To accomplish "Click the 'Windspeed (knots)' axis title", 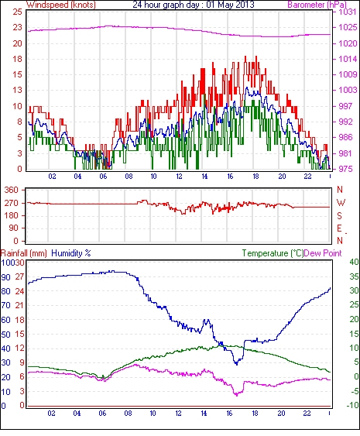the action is pos(61,5).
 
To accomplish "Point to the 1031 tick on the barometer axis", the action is pos(348,12).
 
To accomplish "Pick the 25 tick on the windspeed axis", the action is pos(17,12).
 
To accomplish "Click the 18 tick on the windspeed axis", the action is pos(17,59).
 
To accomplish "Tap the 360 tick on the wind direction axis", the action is pos(12,191).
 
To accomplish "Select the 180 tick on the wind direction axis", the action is pos(12,215).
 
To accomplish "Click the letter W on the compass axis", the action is pos(341,203).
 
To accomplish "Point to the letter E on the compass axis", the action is pos(339,228).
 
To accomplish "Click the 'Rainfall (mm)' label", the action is pos(24,253).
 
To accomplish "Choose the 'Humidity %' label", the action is pos(71,253).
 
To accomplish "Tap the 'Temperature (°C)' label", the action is pos(273,253).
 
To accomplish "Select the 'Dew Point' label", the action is pos(323,253).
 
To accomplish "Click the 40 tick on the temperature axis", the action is pos(354,262).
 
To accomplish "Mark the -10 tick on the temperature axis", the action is pos(353,406).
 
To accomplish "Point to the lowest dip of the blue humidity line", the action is pos(237,364).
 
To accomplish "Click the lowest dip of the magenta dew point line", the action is pos(237,395).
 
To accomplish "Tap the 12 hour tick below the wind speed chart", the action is pos(179,177).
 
